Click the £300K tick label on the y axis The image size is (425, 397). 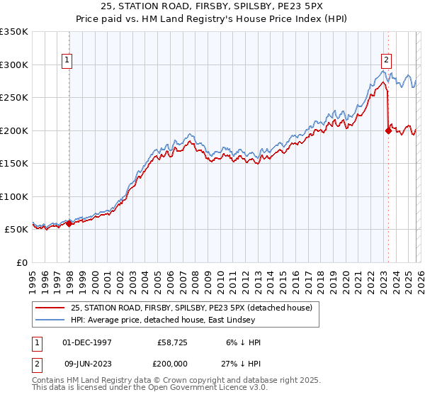14,65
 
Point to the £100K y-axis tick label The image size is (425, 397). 14,196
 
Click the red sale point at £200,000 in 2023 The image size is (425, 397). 388,130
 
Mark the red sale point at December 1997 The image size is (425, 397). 69,224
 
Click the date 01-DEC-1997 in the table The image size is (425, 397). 87,342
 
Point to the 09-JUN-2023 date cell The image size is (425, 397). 87,365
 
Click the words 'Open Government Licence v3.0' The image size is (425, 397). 203,388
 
